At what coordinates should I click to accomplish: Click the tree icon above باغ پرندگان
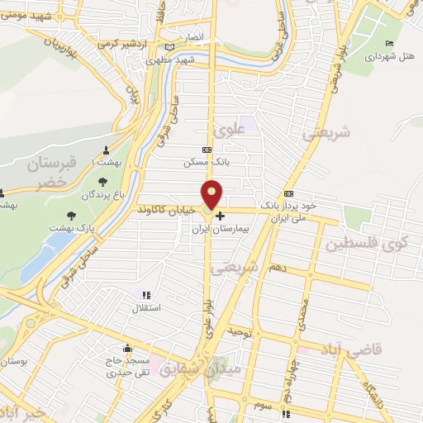(102, 183)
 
